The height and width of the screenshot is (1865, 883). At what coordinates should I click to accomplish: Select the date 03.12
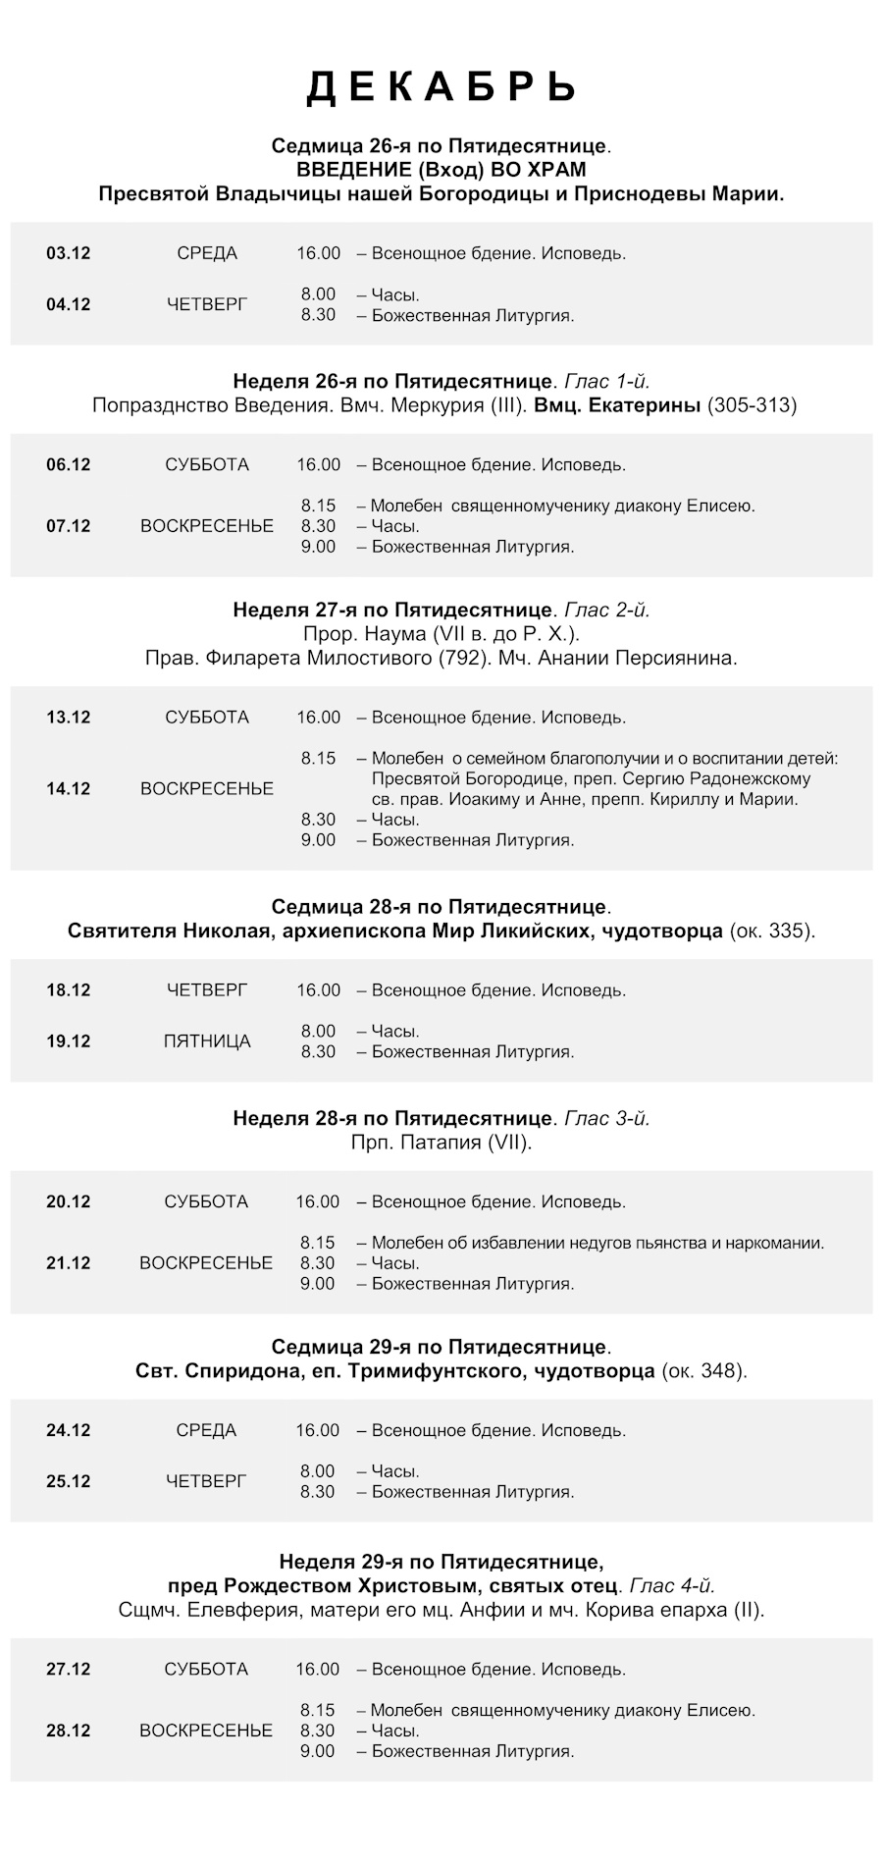click(68, 253)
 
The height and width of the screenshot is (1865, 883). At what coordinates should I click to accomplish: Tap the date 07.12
click(68, 526)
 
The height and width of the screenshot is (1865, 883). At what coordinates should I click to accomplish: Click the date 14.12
click(68, 788)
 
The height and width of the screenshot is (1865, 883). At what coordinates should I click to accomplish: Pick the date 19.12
click(68, 1041)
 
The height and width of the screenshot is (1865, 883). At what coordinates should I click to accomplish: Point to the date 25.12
click(68, 1481)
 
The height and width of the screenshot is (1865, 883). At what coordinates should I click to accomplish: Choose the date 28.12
click(68, 1731)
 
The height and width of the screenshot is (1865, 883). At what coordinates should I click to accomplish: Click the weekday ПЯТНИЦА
click(207, 1041)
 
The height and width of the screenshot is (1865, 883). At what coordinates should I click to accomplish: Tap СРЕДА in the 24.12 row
click(206, 1430)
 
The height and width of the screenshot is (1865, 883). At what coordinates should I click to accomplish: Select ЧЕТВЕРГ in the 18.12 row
click(207, 990)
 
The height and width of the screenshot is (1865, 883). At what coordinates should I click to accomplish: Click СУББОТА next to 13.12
click(207, 718)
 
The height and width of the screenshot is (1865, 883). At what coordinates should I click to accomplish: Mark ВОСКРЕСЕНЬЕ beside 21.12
click(206, 1263)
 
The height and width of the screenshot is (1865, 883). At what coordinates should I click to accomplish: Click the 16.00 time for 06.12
click(319, 465)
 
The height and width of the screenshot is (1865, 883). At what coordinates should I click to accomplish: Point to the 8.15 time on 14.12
click(319, 759)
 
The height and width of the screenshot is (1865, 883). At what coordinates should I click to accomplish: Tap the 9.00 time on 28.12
click(318, 1751)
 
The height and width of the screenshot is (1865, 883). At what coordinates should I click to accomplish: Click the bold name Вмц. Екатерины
click(618, 405)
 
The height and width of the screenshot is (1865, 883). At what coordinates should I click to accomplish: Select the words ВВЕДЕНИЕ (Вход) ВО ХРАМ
click(441, 170)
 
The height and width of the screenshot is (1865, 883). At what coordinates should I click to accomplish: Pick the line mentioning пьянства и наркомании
click(597, 1243)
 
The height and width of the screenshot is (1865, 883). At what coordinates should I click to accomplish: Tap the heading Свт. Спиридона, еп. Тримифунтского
click(394, 1371)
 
